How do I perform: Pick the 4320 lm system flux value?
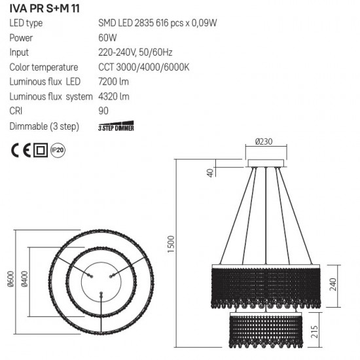tap(113, 96)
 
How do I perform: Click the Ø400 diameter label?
tap(24, 281)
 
